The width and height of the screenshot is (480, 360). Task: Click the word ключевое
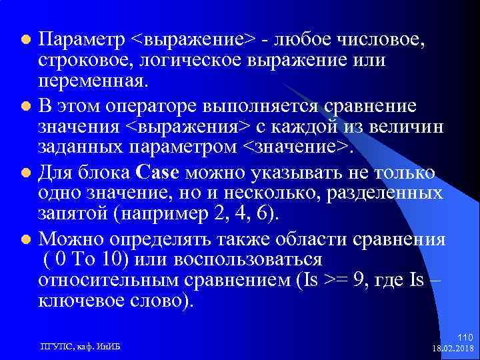point(79,302)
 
